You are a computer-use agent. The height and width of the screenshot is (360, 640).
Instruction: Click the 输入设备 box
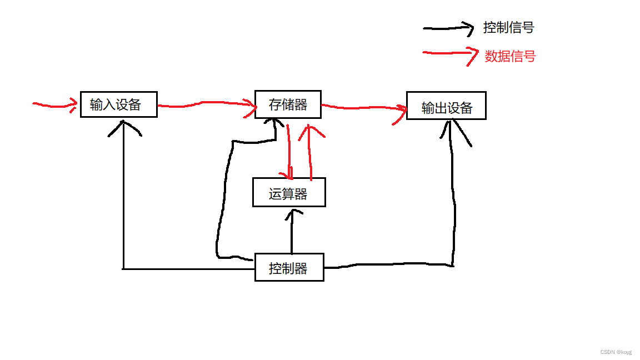[118, 104]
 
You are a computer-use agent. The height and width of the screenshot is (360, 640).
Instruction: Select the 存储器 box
[288, 104]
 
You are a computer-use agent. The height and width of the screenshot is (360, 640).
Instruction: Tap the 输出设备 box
[446, 106]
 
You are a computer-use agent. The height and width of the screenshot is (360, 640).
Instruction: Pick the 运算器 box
[289, 192]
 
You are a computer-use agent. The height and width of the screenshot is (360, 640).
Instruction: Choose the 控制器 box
[289, 267]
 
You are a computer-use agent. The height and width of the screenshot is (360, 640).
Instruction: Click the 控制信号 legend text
[508, 27]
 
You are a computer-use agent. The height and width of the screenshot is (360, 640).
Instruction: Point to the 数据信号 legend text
[509, 56]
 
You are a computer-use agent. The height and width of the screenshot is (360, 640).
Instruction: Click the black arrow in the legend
[447, 28]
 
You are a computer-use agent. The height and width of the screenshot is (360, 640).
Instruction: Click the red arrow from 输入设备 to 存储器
[206, 104]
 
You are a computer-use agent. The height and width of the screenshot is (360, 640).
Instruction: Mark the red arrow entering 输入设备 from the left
[54, 104]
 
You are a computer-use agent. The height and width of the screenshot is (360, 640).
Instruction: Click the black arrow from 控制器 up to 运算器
[291, 231]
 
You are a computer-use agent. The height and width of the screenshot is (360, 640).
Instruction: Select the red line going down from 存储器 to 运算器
[289, 150]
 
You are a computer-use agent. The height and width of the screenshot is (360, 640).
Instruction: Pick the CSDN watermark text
[616, 352]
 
